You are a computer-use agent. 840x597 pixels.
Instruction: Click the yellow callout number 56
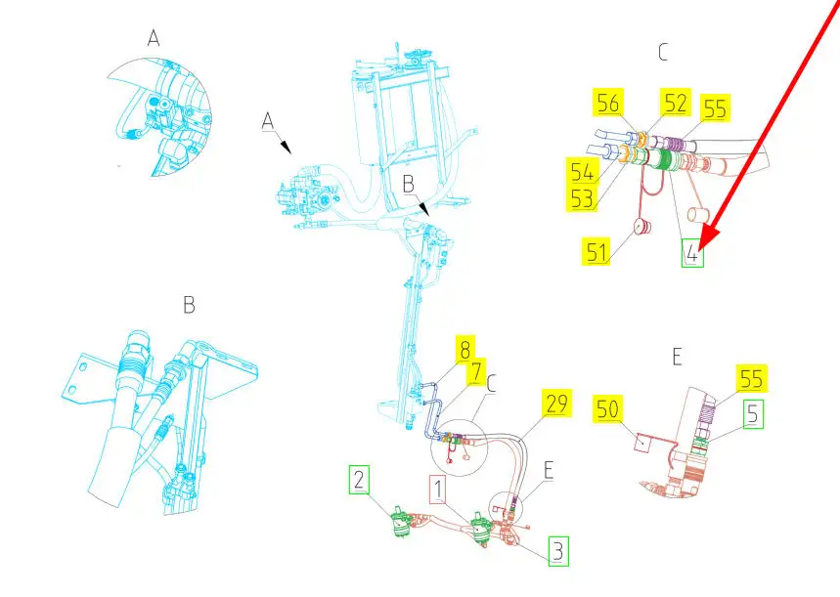tap(608, 103)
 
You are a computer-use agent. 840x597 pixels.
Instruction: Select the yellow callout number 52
tap(676, 103)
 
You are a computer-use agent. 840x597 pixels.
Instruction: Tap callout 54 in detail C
tap(582, 171)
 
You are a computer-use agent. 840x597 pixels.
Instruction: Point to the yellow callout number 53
tap(582, 198)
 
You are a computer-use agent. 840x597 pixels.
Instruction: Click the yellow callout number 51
tap(597, 252)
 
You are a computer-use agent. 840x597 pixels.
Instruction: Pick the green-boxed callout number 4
tap(692, 253)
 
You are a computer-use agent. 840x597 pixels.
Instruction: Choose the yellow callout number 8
tap(464, 349)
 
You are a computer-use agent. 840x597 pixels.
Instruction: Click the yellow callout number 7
tap(476, 370)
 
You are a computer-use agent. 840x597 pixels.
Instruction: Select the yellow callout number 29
tap(556, 403)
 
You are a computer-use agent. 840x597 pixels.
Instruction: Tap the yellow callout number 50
tap(607, 409)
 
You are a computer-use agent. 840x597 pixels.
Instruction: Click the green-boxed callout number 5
tap(753, 414)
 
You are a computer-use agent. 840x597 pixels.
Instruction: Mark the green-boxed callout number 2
tap(359, 480)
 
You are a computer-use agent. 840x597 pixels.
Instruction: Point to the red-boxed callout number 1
tap(438, 490)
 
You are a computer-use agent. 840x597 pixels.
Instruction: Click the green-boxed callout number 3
tap(558, 551)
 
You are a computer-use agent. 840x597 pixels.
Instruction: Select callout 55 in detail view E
tap(752, 378)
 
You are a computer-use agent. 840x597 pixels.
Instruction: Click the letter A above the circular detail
tap(154, 38)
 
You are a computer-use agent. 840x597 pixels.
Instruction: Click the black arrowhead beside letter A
tap(286, 148)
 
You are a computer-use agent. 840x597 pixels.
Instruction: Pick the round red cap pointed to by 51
tap(641, 227)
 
